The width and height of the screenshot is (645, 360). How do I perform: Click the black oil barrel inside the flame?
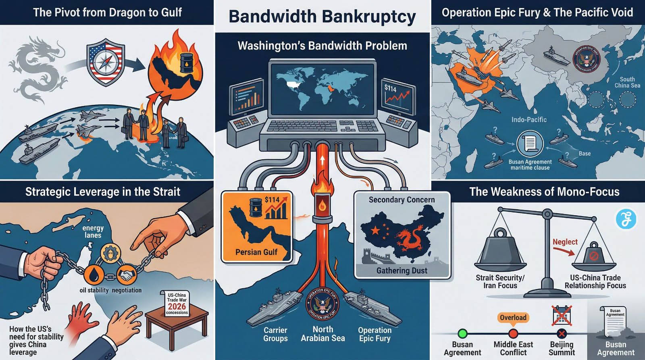coord(186,63)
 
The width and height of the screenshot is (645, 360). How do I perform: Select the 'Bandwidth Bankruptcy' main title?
coord(322,17)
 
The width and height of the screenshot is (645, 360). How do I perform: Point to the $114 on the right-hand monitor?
coord(390,88)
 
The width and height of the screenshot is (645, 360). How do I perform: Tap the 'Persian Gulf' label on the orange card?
coord(256,252)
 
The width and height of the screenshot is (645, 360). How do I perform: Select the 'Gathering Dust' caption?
coord(402,271)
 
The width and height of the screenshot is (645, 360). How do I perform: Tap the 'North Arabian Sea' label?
coord(323,334)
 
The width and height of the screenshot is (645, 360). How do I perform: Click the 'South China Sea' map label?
coord(627,82)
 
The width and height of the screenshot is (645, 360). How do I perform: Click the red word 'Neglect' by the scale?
coord(565,242)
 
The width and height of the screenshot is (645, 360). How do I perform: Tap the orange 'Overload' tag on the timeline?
coord(513,318)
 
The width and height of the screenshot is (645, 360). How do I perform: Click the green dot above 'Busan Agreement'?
coord(462,333)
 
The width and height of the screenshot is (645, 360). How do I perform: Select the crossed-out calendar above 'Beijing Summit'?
coord(562,316)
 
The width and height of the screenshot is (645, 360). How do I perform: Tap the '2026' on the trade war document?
coord(177,306)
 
